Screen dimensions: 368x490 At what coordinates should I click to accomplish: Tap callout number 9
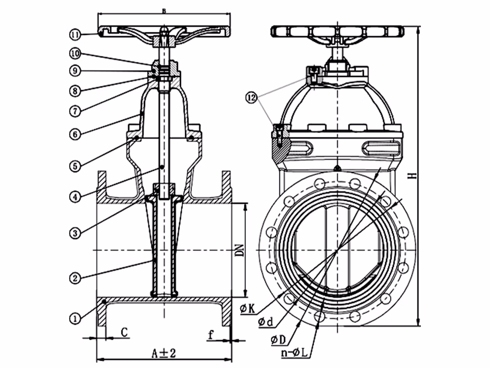click(x=75, y=71)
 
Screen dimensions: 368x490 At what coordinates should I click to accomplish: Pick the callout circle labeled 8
click(x=75, y=90)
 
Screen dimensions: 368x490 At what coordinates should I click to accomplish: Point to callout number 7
click(x=75, y=111)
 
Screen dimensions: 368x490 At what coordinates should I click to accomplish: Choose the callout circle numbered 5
click(x=75, y=166)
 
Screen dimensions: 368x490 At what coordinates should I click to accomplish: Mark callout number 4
click(x=75, y=197)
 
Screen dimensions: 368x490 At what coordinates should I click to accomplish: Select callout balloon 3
click(x=75, y=232)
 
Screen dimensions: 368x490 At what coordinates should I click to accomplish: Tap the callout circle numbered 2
click(x=75, y=278)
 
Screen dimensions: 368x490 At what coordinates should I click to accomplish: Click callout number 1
click(x=75, y=318)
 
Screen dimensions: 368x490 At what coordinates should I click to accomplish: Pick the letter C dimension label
click(x=124, y=333)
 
